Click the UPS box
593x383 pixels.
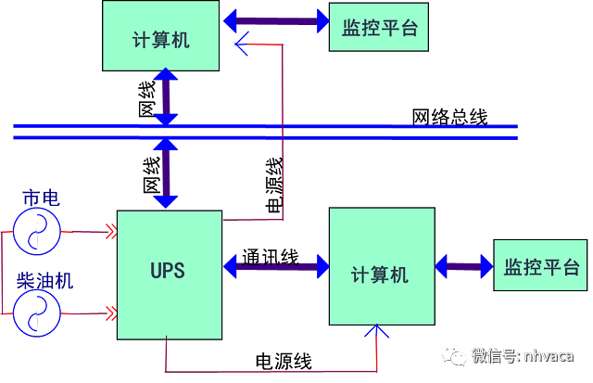coord(170,274)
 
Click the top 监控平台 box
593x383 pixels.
coord(380,28)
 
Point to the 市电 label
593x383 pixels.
coord(40,198)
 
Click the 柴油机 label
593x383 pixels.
coord(44,280)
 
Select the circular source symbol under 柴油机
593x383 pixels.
coord(36,313)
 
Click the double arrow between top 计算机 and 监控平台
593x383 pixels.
coord(275,20)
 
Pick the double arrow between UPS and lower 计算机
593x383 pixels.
coord(276,266)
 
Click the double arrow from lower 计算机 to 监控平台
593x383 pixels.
coord(463,266)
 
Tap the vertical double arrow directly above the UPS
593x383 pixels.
coord(165,173)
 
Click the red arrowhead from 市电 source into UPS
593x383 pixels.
coord(112,232)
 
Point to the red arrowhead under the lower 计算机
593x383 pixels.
coord(375,330)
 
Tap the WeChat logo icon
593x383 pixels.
coord(454,354)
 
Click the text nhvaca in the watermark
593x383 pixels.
coord(549,355)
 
